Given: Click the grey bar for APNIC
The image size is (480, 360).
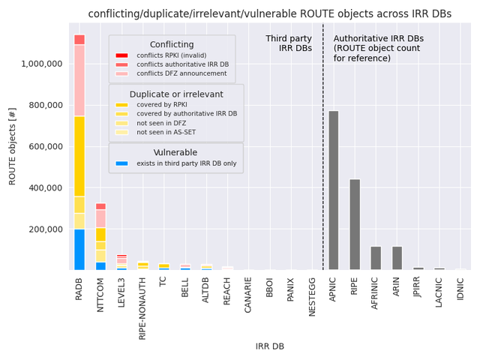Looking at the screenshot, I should click(x=334, y=190).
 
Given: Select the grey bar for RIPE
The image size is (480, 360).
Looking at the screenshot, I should click(x=355, y=224).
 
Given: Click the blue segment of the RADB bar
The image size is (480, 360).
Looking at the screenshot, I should click(x=79, y=250).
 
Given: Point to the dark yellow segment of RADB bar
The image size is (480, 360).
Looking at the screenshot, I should click(x=79, y=156).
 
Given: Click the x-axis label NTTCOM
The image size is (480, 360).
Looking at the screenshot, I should click(x=100, y=300).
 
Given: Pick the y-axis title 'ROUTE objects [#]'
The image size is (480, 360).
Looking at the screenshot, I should click(x=12, y=146).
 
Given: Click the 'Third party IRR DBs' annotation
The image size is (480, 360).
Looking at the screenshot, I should click(x=289, y=43).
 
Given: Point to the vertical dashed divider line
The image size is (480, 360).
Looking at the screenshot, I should click(x=323, y=150).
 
